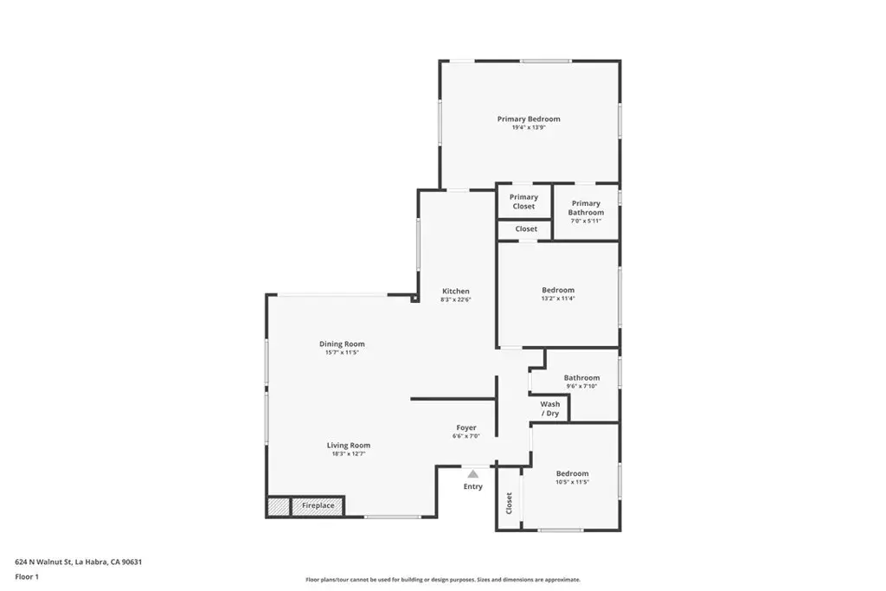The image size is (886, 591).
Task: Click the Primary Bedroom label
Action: [528, 119]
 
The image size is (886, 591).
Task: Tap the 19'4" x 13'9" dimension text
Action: [528, 127]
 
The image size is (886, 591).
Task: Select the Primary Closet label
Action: [523, 202]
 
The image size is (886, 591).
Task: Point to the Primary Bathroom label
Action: [586, 208]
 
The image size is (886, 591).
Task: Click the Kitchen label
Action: [456, 291]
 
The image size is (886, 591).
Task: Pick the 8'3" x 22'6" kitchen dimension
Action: [456, 299]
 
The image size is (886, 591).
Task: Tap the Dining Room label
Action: [342, 344]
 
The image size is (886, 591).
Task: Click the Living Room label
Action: [348, 446]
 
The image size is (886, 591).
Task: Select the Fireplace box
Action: [318, 505]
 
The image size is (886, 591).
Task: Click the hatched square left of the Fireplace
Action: [278, 506]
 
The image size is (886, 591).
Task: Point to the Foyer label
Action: [466, 427]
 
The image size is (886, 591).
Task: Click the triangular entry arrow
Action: [472, 473]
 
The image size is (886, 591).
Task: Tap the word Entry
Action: [473, 486]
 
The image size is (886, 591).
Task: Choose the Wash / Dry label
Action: [550, 408]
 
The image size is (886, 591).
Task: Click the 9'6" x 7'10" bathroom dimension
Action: [581, 386]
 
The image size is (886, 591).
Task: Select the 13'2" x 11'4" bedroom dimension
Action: [558, 299]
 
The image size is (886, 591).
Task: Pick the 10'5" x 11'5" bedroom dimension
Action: [572, 482]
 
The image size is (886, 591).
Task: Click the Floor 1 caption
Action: [28, 576]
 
